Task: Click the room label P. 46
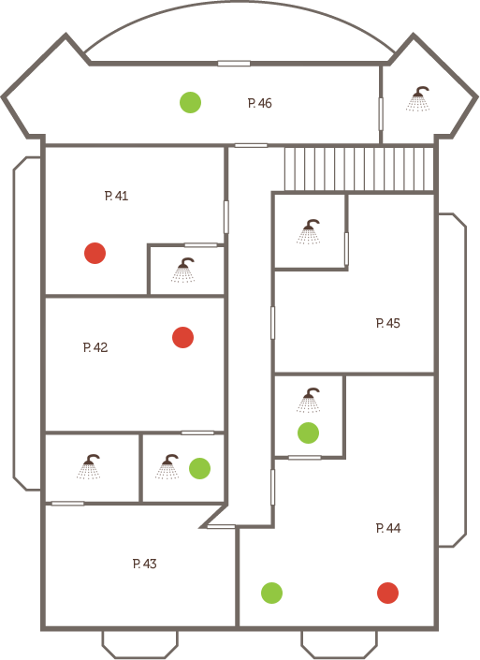pos(259,103)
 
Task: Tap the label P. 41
pos(116,196)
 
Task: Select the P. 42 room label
pos(95,347)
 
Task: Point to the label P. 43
pos(145,564)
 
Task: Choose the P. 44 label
pos(388,528)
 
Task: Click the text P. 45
pos(388,323)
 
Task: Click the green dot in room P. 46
pos(190,102)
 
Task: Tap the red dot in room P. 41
pos(95,253)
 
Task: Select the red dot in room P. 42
pos(183,337)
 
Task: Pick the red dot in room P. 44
pos(388,593)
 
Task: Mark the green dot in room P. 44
pos(271,593)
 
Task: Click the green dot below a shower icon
pos(309,433)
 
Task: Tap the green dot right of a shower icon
pos(200,468)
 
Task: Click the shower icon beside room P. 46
pos(417,99)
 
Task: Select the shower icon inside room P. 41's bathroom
pos(183,271)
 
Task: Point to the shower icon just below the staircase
pos(309,232)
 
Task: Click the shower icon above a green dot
pos(309,401)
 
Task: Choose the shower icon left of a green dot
pos(167,467)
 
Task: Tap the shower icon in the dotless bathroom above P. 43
pos(89,467)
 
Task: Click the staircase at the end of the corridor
pos(359,169)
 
